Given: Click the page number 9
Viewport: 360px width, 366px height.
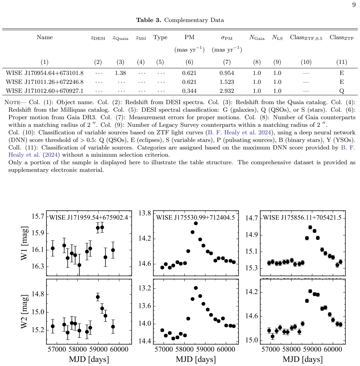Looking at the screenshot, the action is [x=354, y=5].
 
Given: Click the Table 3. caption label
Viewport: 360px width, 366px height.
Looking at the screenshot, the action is [x=149, y=20].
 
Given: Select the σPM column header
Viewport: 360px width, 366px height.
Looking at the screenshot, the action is [x=227, y=38].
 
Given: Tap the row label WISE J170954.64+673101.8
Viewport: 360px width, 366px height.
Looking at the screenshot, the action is [x=45, y=73].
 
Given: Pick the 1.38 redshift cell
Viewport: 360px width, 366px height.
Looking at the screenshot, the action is [x=120, y=73].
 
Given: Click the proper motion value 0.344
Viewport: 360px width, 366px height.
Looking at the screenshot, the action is [x=189, y=91].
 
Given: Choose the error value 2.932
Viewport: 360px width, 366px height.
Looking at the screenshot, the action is [x=227, y=91].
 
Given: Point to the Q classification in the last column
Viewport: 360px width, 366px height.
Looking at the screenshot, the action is [x=341, y=91].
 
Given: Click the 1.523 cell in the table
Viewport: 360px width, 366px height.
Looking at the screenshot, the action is [x=227, y=82].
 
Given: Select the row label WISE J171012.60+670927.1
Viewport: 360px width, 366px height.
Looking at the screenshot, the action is [x=45, y=91].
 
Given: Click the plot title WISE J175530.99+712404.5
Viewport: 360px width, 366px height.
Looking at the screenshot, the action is [x=196, y=218].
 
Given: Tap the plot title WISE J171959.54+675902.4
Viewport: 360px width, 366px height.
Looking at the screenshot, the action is [x=89, y=218].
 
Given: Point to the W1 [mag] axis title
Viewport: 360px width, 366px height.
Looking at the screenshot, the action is [x=24, y=243].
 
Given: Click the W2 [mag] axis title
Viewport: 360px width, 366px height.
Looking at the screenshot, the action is [x=24, y=312].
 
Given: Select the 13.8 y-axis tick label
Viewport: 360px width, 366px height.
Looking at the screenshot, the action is [x=145, y=213].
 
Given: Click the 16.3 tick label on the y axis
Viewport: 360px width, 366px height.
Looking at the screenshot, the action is [x=38, y=266].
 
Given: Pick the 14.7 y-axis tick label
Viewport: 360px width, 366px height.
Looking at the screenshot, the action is [x=252, y=218].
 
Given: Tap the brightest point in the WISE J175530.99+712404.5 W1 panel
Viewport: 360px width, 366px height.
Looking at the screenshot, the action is [x=196, y=223].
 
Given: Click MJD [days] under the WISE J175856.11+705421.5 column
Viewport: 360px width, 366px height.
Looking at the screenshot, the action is [x=303, y=359].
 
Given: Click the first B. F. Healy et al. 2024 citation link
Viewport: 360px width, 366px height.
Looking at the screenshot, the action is [x=239, y=133].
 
